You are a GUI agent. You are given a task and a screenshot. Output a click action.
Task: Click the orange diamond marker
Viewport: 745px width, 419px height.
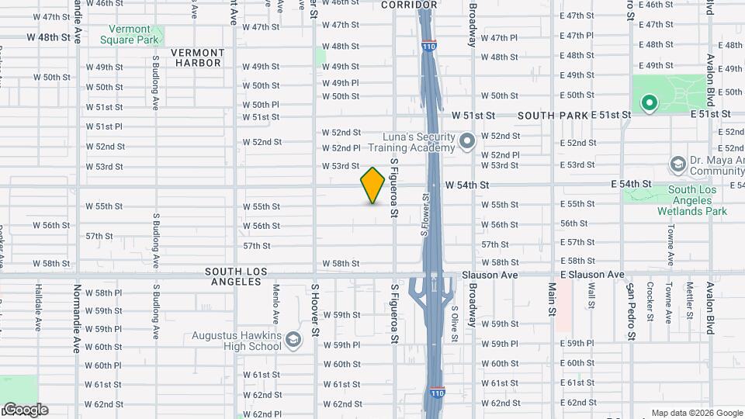(x=372, y=186)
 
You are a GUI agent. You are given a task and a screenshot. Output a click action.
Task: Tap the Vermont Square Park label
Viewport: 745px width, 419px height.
(x=130, y=34)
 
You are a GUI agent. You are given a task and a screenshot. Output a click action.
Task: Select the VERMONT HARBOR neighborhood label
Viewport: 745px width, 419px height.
(x=198, y=57)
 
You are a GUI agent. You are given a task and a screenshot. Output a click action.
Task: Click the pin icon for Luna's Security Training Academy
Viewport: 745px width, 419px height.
(x=466, y=141)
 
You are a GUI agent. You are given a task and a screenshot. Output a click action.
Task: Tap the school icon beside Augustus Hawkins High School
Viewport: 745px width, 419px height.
(x=293, y=340)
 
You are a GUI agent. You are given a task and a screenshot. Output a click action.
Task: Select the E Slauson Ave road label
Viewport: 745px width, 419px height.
(x=592, y=275)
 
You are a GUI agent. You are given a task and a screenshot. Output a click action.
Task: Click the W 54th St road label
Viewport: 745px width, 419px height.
(x=467, y=185)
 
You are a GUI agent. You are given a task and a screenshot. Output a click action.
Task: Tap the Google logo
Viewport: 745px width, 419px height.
(x=25, y=410)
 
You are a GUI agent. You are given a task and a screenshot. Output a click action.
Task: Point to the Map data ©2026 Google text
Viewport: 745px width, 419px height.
(x=696, y=413)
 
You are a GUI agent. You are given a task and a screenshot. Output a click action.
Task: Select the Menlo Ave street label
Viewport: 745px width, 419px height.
(x=275, y=303)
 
